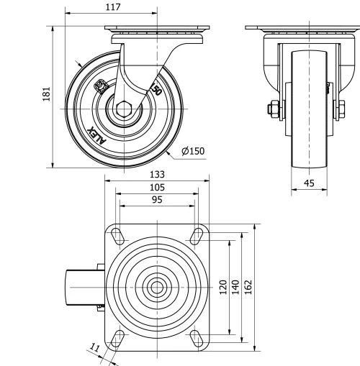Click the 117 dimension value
tap(111, 7)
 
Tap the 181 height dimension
tap(47, 96)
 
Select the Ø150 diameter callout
tap(193, 151)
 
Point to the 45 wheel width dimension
tap(309, 183)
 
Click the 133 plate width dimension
tap(158, 175)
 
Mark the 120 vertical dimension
tap(223, 287)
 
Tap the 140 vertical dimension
tap(235, 287)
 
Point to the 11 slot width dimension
tap(94, 348)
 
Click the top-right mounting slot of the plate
tap(196, 234)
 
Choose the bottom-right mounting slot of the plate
tap(196, 338)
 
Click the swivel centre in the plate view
tap(156, 286)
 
